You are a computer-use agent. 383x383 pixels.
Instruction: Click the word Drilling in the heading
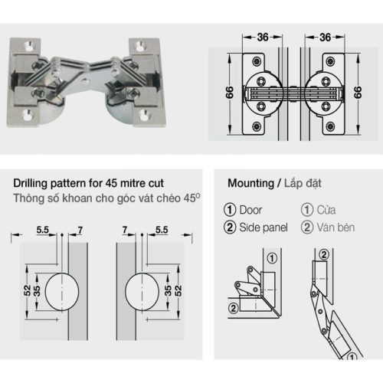[x=34, y=185]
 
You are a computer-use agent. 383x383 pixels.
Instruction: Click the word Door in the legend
[x=250, y=210]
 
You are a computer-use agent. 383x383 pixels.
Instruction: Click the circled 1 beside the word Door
[x=229, y=210]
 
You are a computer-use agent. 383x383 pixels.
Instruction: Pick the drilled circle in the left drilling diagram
[x=61, y=290]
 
